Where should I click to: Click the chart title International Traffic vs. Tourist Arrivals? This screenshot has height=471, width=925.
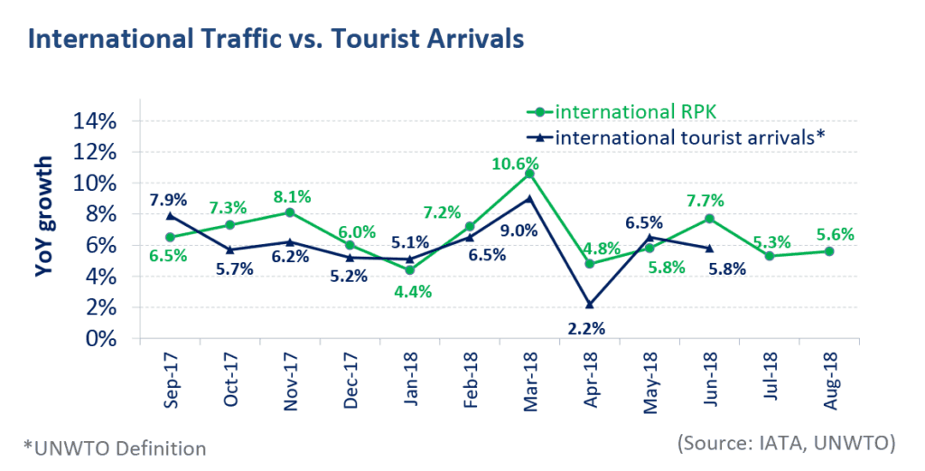(x=276, y=39)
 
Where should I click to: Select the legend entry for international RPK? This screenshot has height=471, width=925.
(x=631, y=112)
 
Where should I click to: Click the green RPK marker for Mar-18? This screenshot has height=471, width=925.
(x=529, y=174)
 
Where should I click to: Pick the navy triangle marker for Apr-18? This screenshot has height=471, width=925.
(x=589, y=305)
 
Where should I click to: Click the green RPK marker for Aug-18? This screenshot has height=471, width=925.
(x=829, y=251)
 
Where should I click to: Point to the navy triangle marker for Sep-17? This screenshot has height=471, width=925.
(x=170, y=216)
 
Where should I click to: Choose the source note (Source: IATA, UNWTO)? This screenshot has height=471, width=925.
(x=786, y=442)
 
